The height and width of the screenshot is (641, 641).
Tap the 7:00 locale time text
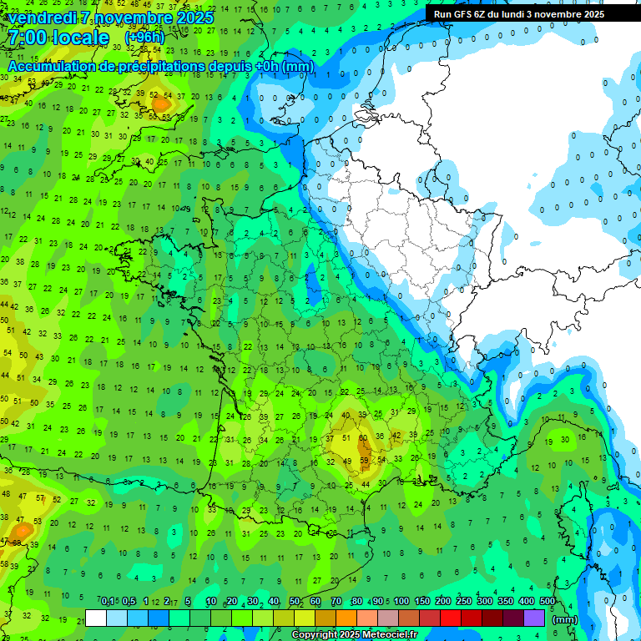(58, 38)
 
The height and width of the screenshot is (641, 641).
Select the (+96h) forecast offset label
(145, 38)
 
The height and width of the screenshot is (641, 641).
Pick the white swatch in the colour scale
(96, 618)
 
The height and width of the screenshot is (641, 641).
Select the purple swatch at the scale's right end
(534, 618)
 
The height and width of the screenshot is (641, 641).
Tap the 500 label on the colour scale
(548, 601)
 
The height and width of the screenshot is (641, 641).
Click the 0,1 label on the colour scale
(108, 601)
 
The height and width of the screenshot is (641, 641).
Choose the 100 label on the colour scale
(401, 601)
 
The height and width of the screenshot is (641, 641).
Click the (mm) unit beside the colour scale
(565, 619)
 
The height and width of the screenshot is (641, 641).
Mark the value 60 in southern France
(363, 437)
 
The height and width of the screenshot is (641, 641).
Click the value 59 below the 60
(364, 460)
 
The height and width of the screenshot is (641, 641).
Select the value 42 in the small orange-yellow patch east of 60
(396, 435)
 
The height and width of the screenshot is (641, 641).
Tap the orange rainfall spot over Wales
(159, 104)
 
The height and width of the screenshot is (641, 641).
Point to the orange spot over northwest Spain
(20, 528)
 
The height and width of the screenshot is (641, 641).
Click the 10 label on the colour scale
(210, 601)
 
